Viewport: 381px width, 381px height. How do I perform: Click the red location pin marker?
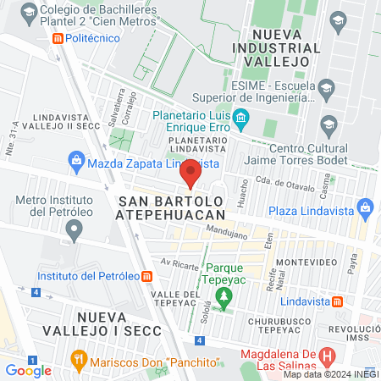click(x=190, y=174)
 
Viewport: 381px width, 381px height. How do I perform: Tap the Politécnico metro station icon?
click(x=57, y=38)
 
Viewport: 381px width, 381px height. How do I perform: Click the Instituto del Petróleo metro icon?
click(x=147, y=276)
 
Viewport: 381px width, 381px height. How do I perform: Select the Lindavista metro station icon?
click(x=337, y=301)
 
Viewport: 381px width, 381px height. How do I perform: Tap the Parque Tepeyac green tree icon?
click(x=224, y=297)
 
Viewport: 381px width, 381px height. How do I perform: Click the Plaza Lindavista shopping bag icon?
click(x=366, y=207)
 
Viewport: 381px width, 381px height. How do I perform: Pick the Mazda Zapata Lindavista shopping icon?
click(x=76, y=161)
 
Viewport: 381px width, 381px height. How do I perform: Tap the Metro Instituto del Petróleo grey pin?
click(x=75, y=229)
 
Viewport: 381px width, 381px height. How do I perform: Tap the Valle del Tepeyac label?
click(x=179, y=300)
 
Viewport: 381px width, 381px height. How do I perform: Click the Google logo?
click(x=28, y=370)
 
